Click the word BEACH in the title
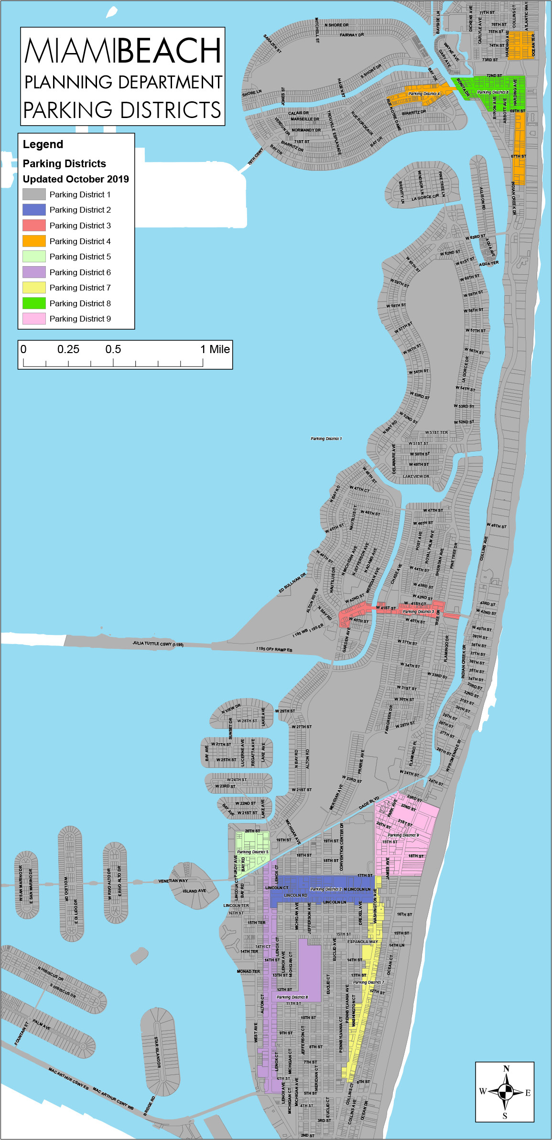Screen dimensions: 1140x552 (x=170, y=51)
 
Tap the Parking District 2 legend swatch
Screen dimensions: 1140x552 (x=34, y=210)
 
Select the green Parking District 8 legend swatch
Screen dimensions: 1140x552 (x=34, y=303)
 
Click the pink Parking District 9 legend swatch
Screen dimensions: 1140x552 (x=34, y=319)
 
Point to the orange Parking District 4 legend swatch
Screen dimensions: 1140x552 (x=34, y=241)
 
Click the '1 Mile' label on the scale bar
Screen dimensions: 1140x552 (x=215, y=349)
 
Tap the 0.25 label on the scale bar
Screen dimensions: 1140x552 (x=68, y=349)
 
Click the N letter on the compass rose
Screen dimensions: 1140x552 (x=506, y=1069)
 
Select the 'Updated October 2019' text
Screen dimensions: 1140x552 (x=76, y=179)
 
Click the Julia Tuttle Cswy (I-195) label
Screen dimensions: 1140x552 (x=158, y=644)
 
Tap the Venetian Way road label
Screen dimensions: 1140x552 (x=173, y=881)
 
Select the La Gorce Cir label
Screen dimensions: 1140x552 (x=425, y=197)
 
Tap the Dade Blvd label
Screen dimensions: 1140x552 (x=369, y=803)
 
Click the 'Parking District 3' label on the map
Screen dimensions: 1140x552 (x=418, y=612)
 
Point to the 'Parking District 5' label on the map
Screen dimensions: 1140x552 (x=253, y=852)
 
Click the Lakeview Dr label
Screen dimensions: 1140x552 (x=416, y=476)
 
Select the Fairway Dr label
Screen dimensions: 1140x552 (x=352, y=35)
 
